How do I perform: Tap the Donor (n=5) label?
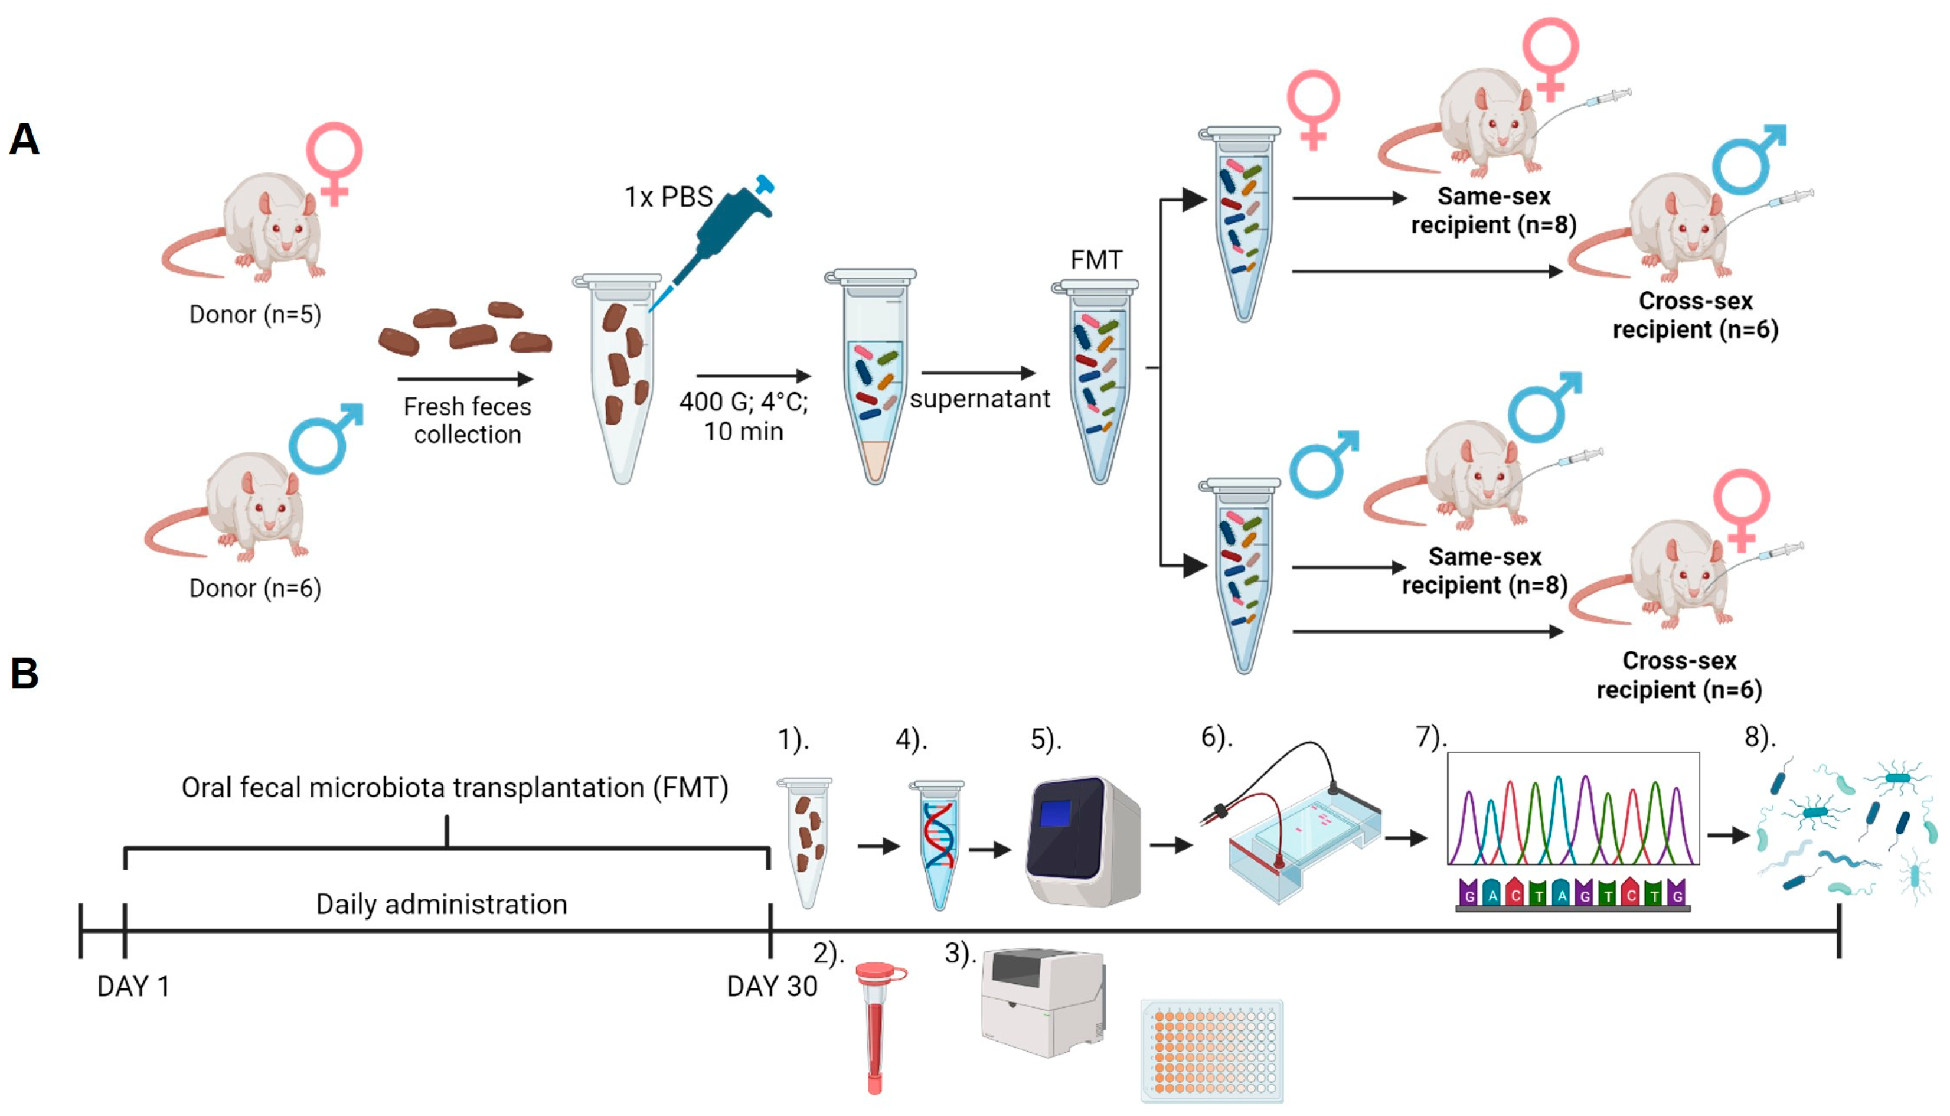[x=255, y=314]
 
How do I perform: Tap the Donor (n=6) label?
[x=255, y=588]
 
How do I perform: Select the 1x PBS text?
[x=668, y=197]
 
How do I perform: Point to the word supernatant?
[x=979, y=399]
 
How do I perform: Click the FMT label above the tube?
[x=1096, y=260]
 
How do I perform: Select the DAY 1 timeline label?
[x=133, y=987]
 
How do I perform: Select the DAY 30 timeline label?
[x=772, y=987]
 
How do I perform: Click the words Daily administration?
[x=442, y=905]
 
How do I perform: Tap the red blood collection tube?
[x=876, y=1027]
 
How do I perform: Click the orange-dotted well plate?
[x=1211, y=1050]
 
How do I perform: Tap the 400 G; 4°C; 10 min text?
[x=743, y=416]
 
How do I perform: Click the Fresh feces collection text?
[x=468, y=420]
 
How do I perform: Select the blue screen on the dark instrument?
[x=1055, y=813]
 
